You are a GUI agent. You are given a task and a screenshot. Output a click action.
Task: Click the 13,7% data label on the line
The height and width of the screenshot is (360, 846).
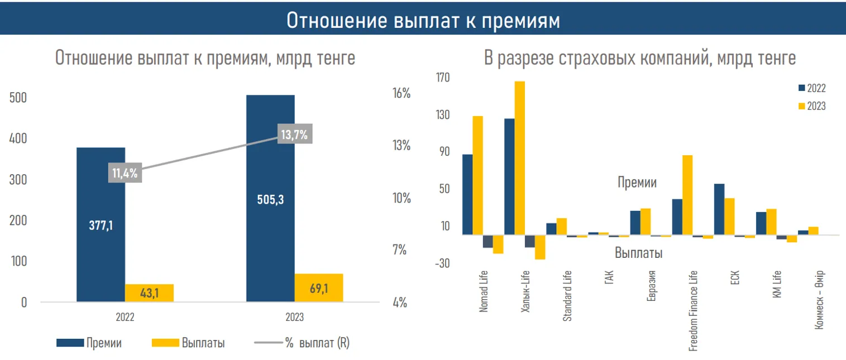294,135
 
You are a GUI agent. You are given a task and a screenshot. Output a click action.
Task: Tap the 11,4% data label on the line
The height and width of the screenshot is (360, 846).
125,173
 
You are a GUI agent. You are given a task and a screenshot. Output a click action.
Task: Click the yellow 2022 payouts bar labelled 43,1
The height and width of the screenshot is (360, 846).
149,292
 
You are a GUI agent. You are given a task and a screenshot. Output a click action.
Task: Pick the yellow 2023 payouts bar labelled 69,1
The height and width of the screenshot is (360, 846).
318,287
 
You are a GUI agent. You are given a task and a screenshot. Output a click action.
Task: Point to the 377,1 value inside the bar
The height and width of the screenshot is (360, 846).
101,225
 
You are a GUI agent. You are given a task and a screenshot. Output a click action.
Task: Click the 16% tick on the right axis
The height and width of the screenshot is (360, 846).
402,93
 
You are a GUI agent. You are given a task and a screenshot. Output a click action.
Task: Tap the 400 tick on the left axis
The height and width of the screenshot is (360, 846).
18,138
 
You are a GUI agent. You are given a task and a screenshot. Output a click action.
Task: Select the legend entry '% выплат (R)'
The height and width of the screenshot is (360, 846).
317,343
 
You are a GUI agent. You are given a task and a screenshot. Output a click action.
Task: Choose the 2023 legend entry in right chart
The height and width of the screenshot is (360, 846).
816,106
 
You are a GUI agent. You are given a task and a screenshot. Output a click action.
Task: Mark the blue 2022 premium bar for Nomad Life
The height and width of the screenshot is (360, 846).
467,194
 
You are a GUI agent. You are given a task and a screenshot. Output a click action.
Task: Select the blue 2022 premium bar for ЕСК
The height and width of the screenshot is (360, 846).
719,209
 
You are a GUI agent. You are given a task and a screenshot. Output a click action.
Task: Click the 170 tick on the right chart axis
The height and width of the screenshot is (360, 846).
442,78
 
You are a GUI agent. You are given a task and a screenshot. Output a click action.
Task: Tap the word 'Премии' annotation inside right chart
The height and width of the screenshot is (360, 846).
637,183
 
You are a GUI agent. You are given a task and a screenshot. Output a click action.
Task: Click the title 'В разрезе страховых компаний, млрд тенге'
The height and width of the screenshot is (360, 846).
639,58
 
